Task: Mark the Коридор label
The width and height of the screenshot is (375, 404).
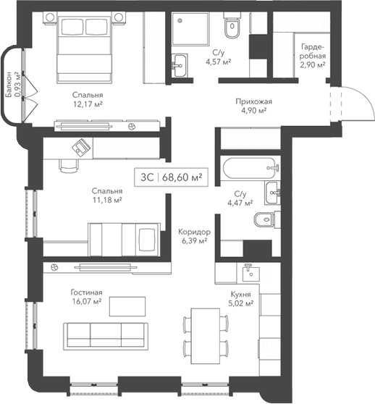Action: click(x=193, y=232)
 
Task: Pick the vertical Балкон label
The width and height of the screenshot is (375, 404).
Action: click(x=9, y=85)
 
